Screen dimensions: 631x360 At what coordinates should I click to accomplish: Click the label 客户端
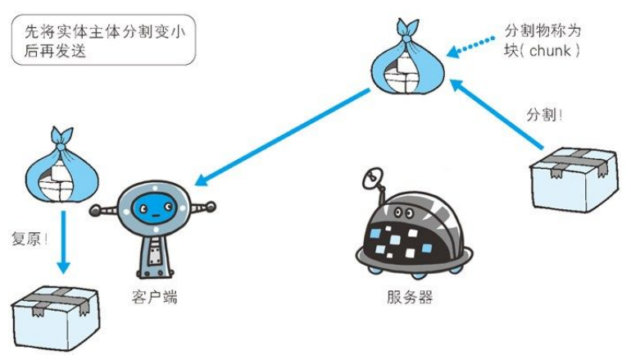[154, 297]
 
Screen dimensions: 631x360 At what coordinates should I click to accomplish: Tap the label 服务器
[410, 297]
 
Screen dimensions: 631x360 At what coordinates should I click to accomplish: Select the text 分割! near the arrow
[544, 115]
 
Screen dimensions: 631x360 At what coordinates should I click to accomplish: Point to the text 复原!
[30, 239]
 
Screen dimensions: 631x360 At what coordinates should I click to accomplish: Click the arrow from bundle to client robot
[282, 137]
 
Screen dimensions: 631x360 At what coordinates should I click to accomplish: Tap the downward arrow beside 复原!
[63, 243]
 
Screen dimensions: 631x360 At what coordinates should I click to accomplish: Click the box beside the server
[573, 180]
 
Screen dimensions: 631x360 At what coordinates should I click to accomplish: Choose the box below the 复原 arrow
[55, 318]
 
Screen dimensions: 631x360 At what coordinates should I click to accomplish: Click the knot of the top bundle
[406, 39]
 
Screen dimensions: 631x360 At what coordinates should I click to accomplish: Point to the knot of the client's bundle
[61, 147]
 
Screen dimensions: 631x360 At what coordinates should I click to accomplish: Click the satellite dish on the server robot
[372, 179]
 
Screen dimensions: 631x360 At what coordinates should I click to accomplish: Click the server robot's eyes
[404, 212]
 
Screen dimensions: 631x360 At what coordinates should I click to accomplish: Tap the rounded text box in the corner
[103, 40]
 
